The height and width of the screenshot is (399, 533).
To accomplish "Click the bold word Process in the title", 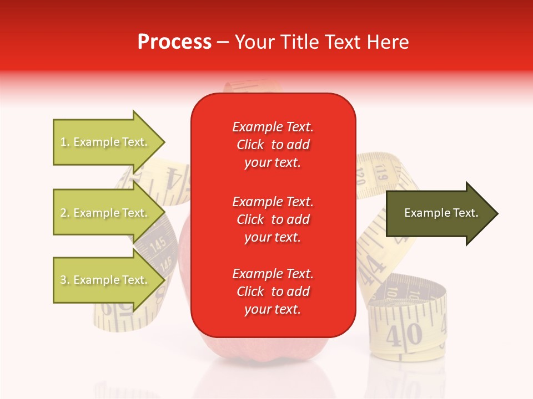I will click(174, 42).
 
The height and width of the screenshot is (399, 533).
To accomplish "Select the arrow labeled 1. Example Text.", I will click(105, 142).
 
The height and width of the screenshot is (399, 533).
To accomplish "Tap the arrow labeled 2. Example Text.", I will click(105, 213).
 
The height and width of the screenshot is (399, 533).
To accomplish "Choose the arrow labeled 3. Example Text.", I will click(105, 280).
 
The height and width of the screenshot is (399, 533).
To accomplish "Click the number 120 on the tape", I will click(360, 178).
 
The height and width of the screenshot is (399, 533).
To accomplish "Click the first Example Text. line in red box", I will click(273, 127).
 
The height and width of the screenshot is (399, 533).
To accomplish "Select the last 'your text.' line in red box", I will click(273, 309).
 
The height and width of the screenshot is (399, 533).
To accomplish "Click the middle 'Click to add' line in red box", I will click(273, 219).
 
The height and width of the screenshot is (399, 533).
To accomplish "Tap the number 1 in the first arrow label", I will click(63, 142).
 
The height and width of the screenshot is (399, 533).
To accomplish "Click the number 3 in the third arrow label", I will click(63, 280).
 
